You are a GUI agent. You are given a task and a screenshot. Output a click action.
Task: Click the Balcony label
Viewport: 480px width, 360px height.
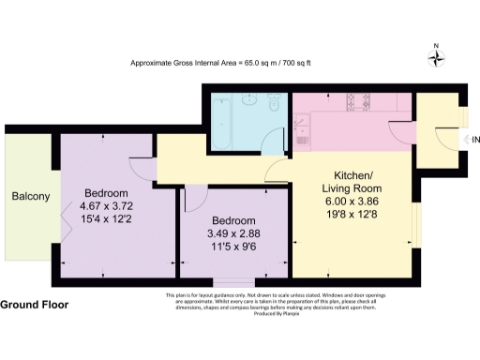[29, 197]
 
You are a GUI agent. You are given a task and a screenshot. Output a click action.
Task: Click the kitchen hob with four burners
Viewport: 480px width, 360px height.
[359, 102]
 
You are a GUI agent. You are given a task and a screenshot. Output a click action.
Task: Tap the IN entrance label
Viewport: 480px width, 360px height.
[473, 141]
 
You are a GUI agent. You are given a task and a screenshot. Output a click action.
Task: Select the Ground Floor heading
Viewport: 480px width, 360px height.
[34, 306]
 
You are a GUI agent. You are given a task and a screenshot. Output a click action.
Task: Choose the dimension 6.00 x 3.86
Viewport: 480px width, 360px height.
[354, 201]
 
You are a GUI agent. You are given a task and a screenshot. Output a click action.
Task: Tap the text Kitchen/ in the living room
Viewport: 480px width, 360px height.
[354, 175]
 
